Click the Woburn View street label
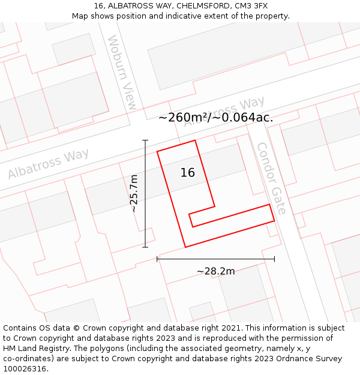tap(122, 72)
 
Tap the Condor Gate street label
tap(271, 178)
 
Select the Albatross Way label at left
tap(48, 163)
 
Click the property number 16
tap(188, 173)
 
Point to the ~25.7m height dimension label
tap(134, 193)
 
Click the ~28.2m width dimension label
tap(216, 271)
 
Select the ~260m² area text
tap(182, 118)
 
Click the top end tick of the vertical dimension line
tap(145, 140)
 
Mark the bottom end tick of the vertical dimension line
tap(145, 247)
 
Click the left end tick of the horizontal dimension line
tap(157, 259)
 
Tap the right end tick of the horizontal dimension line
tap(274, 259)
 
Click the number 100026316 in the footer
tap(25, 368)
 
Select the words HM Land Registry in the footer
tap(33, 348)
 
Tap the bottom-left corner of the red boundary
tap(185, 247)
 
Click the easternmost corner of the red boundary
tap(274, 220)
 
